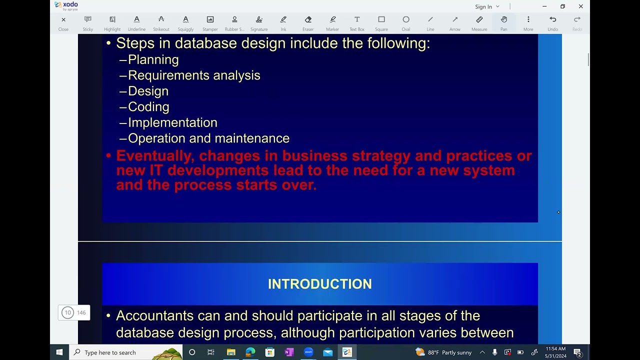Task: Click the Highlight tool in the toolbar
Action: pyautogui.click(x=112, y=22)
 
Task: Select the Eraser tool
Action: pyautogui.click(x=308, y=22)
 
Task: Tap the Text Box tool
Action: pyautogui.click(x=357, y=22)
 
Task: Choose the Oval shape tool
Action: pyautogui.click(x=406, y=22)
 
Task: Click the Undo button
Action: pyautogui.click(x=552, y=22)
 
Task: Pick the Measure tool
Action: pyautogui.click(x=479, y=22)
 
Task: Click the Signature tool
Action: pyautogui.click(x=259, y=22)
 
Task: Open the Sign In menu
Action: pyautogui.click(x=487, y=6)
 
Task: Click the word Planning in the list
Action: pyautogui.click(x=153, y=59)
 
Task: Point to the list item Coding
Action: pyautogui.click(x=148, y=107)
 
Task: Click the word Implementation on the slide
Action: pyautogui.click(x=172, y=122)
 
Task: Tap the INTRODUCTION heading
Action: pyautogui.click(x=320, y=284)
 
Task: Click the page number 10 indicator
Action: pyautogui.click(x=68, y=312)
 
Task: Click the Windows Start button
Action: pyautogui.click(x=59, y=352)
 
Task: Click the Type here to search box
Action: pyautogui.click(x=125, y=352)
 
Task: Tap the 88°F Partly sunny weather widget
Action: pyautogui.click(x=443, y=352)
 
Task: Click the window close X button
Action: pyautogui.click(x=580, y=6)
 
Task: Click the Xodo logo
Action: pyautogui.click(x=66, y=5)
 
